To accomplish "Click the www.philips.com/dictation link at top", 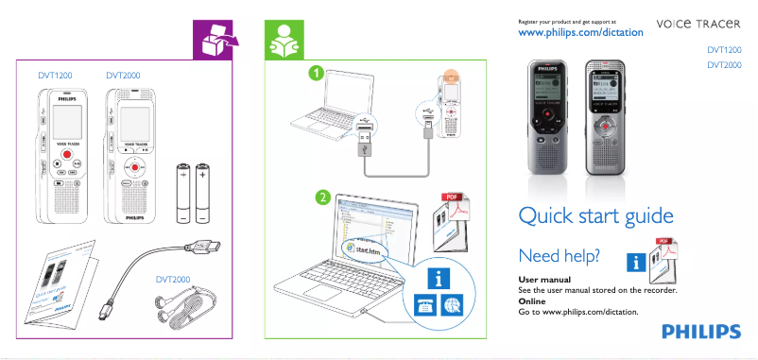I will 581,32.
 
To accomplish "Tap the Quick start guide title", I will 595,216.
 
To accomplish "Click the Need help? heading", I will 559,256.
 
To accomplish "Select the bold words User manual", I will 544,281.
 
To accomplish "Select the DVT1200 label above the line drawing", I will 55,74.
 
